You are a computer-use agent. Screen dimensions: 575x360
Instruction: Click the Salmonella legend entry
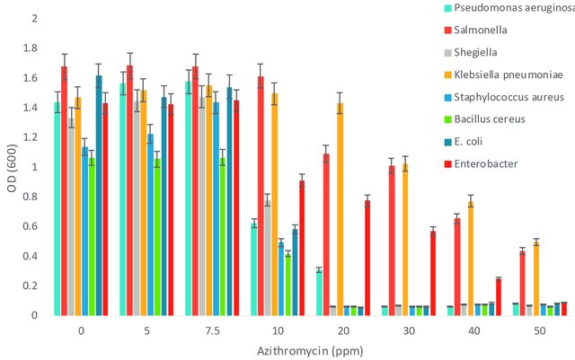(475, 30)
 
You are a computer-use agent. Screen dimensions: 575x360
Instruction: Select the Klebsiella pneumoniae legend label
(509, 75)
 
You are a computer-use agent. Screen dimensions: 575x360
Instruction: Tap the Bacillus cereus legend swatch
(447, 119)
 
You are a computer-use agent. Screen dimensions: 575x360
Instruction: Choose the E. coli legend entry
(464, 142)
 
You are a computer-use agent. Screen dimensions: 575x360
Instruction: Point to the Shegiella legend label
(475, 52)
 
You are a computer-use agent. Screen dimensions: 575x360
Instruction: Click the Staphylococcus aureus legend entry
(504, 97)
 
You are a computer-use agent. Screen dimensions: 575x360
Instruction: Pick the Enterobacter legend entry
(481, 164)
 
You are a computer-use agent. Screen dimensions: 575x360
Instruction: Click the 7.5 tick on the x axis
(212, 331)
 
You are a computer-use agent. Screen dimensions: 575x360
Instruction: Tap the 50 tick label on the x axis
(539, 331)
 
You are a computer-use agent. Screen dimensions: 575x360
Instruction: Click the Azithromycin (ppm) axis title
(310, 351)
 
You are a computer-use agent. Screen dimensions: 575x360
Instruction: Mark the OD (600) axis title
(12, 168)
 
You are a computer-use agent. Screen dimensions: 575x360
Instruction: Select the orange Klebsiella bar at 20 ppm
(340, 209)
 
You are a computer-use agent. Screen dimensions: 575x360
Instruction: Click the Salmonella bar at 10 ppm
(261, 196)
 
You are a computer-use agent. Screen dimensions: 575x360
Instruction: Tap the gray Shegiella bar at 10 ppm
(268, 258)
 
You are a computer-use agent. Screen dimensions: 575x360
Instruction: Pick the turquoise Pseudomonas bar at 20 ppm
(319, 293)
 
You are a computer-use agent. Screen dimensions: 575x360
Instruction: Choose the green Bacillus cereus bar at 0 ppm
(92, 237)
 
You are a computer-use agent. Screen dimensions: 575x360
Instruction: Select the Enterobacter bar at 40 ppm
(499, 297)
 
